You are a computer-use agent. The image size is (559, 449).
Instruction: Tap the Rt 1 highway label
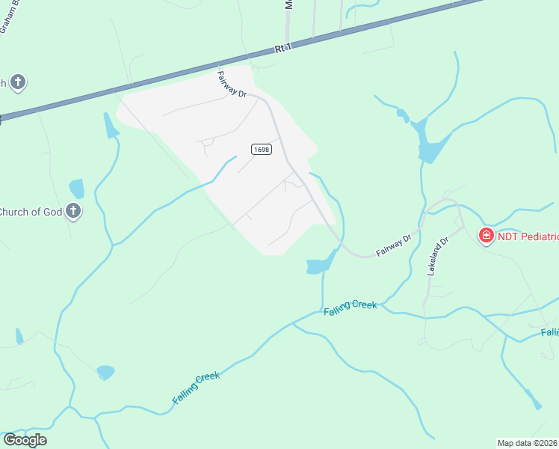point(282,49)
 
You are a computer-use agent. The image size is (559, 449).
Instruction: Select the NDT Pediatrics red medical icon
point(486,236)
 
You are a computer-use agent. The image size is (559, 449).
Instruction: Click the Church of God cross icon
point(73,211)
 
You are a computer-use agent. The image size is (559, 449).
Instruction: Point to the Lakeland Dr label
point(436,257)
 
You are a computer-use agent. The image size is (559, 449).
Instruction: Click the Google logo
point(25,439)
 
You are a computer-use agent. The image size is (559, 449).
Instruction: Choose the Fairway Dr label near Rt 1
point(232,84)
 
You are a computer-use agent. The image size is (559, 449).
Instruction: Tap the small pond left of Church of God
point(76,188)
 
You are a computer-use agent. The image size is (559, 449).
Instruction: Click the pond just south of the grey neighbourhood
point(320,264)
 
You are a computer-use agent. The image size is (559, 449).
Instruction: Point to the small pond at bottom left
point(105,372)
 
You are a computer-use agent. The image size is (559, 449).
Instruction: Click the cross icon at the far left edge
point(18,82)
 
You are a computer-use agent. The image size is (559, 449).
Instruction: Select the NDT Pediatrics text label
point(528,236)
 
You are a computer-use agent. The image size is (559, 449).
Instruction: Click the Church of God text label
point(31,212)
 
